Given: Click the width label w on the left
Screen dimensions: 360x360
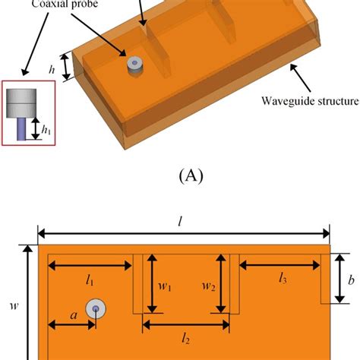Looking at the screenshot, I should click(13, 305).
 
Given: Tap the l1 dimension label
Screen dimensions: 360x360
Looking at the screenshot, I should click(90, 281).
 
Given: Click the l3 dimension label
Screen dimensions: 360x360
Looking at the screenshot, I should click(282, 279).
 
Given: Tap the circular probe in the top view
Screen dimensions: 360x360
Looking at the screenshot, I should click(96, 308).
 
